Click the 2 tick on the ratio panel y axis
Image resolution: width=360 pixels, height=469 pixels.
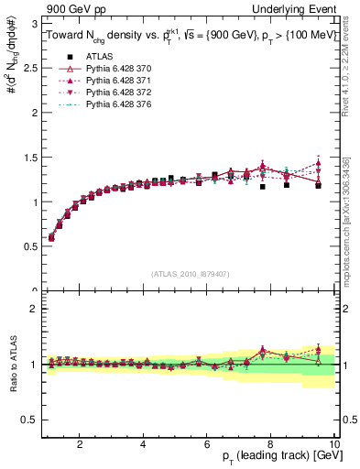[x=37, y=309]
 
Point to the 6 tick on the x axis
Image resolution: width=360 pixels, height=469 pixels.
[x=207, y=446]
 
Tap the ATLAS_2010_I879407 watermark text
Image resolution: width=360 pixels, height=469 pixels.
[x=190, y=272]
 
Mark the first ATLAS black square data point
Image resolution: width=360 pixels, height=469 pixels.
[x=51, y=238]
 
